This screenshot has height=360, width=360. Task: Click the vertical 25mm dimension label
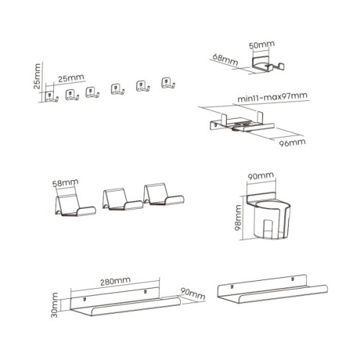[x=37, y=76]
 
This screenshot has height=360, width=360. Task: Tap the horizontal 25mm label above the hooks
[x=71, y=78]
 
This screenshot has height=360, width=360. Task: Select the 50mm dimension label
[x=261, y=45]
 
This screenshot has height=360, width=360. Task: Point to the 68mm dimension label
[x=225, y=60]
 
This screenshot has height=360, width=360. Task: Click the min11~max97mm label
[x=272, y=97]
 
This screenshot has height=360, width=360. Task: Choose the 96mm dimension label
[x=292, y=143]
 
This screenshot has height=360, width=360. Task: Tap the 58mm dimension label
[x=66, y=183]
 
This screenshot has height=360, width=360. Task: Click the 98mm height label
[x=238, y=217]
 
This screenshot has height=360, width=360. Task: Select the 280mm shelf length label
[x=115, y=282]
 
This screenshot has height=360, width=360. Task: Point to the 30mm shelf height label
[x=55, y=305]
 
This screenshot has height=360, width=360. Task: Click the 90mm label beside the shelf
[x=193, y=293]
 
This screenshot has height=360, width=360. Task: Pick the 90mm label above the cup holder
[x=261, y=176]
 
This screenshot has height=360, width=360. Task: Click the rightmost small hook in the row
[x=168, y=84]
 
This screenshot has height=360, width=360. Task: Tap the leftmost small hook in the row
[x=51, y=96]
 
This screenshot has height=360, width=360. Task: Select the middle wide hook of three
[x=122, y=199]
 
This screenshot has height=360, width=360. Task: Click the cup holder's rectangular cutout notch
[x=269, y=228]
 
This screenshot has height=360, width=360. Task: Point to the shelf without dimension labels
[x=272, y=289]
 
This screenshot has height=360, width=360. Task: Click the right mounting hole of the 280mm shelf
[x=145, y=292]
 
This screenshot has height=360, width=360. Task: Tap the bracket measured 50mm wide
[x=268, y=64]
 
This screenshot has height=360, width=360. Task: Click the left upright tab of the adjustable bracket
[x=224, y=120]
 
